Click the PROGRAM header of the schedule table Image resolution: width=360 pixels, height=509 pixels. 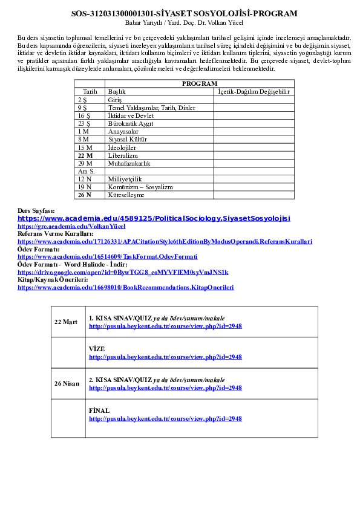coord(200,83)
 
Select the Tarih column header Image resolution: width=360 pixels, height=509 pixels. coord(90,91)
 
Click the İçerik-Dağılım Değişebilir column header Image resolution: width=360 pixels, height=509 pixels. coord(254,91)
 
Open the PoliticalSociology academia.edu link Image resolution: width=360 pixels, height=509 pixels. coord(154,218)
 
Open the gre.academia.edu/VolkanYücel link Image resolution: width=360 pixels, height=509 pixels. coord(71,226)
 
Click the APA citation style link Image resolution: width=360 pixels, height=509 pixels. coord(165,242)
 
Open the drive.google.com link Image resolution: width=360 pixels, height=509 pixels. coord(123,272)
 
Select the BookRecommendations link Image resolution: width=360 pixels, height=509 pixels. coord(126,287)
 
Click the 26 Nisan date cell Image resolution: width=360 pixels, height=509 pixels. coord(67,383)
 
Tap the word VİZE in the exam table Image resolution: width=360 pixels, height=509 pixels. coord(97,349)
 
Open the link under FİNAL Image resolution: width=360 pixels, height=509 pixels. coord(165,418)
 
